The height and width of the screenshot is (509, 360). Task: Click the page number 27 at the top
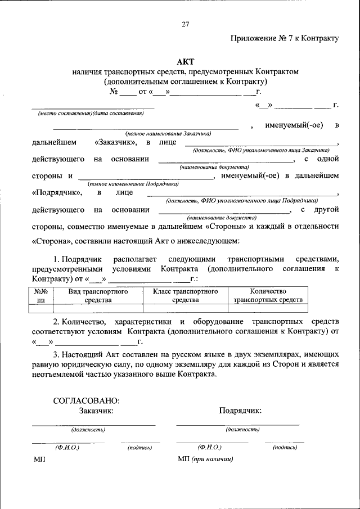(x=186, y=24)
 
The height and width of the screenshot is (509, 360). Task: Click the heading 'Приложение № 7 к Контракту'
(x=285, y=38)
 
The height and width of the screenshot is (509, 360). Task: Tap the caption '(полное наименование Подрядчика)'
(x=133, y=183)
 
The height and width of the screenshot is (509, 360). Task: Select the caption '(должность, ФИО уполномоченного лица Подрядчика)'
(x=241, y=200)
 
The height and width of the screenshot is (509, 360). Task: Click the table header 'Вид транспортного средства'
(x=98, y=296)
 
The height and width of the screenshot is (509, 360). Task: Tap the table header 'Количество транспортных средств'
(x=268, y=296)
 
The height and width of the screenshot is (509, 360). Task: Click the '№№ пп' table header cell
(x=40, y=296)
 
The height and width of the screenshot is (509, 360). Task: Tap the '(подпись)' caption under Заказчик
(x=140, y=448)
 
